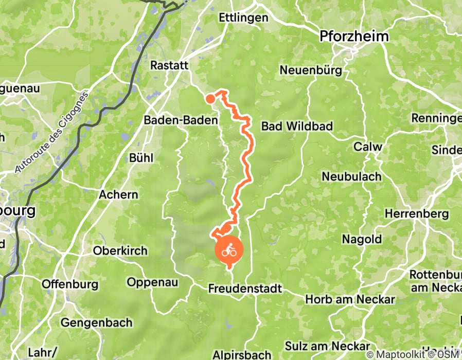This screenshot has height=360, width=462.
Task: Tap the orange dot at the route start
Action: (210, 99)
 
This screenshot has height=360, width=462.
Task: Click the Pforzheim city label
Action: (354, 37)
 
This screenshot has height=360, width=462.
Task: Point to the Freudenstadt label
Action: (245, 289)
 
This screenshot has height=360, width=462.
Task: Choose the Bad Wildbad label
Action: (297, 126)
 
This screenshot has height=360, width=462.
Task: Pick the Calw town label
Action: (367, 147)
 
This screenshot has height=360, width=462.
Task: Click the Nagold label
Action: (362, 239)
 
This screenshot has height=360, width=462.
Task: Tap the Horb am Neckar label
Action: (350, 299)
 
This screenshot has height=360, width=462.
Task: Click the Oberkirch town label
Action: (120, 251)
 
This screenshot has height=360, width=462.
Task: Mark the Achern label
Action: (118, 194)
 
